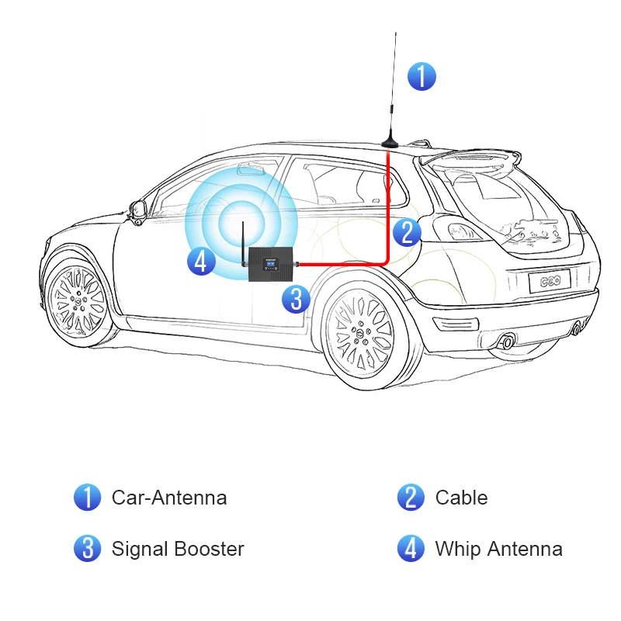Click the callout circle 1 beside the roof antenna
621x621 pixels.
[x=422, y=76]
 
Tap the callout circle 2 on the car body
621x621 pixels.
[x=407, y=232]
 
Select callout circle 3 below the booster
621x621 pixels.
[x=296, y=298]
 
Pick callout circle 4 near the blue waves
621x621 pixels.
[x=200, y=261]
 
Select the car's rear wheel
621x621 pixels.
[x=359, y=333]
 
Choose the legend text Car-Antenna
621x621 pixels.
[x=169, y=498]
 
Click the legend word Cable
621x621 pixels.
[x=461, y=498]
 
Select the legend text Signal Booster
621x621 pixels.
[x=178, y=549]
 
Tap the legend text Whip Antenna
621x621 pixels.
[x=498, y=549]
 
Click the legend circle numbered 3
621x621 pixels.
[x=87, y=549]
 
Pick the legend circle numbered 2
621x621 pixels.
[x=411, y=498]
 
